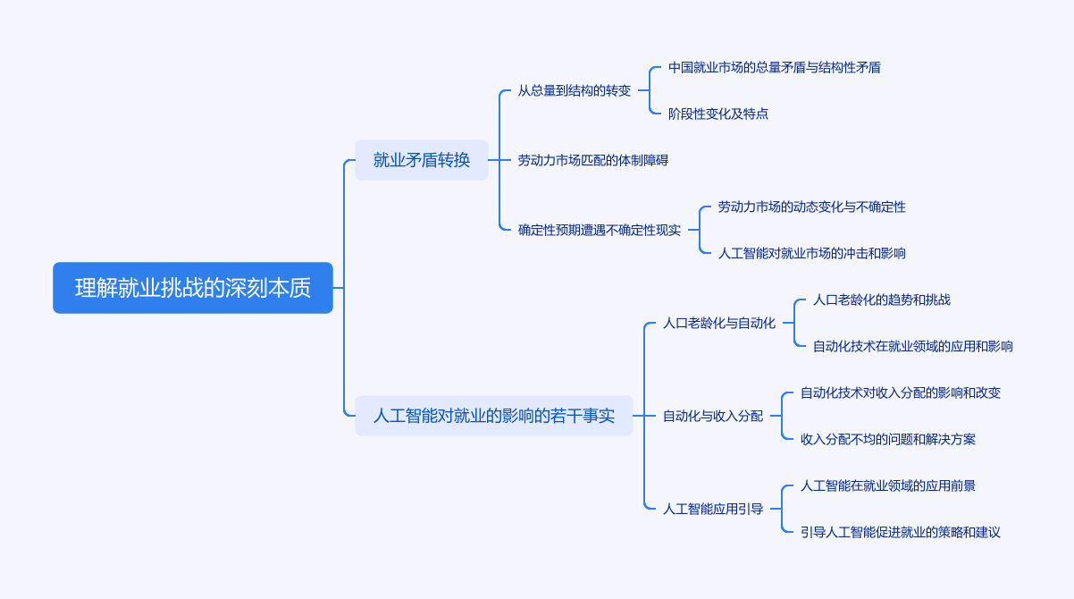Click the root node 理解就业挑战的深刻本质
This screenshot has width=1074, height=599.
click(x=192, y=288)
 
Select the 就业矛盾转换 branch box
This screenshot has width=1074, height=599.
click(x=422, y=160)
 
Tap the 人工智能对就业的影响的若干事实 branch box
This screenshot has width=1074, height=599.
click(x=493, y=416)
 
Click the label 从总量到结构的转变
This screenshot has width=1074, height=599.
click(x=575, y=90)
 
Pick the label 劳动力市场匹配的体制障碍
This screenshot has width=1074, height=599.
click(x=593, y=160)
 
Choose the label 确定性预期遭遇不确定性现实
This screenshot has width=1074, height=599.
click(x=600, y=230)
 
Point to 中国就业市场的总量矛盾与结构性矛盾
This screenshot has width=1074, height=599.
click(x=775, y=67)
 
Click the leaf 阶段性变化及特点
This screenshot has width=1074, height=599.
click(x=718, y=114)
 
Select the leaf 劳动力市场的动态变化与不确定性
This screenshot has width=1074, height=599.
click(x=812, y=207)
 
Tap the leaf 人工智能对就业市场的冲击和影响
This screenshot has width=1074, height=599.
click(x=812, y=253)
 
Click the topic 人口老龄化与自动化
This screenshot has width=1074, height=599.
click(x=719, y=323)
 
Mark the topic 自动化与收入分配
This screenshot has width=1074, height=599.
click(x=713, y=416)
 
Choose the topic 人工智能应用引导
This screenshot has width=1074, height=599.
click(x=713, y=509)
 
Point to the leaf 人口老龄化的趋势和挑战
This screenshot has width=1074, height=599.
click(x=882, y=299)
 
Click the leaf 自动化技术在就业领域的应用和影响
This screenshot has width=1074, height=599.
click(x=913, y=346)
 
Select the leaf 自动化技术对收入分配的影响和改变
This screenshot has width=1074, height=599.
click(x=901, y=392)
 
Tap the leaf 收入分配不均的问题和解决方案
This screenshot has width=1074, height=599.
click(x=888, y=439)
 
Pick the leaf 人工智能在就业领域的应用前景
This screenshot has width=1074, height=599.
click(x=888, y=485)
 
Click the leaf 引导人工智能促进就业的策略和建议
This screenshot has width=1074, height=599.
click(x=901, y=532)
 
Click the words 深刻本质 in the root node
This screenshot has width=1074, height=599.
click(x=269, y=288)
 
